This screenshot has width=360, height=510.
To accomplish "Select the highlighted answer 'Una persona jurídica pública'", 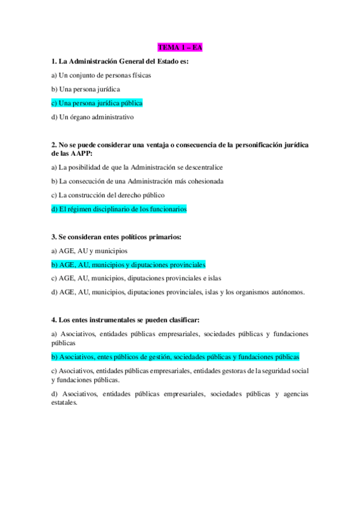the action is pos(97,103).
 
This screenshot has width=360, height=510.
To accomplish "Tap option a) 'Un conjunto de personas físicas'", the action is pos(101,75).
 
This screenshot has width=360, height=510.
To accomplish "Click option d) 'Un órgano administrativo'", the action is pos(93,117).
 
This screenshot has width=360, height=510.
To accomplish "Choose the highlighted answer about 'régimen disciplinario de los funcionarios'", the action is pos(119,209).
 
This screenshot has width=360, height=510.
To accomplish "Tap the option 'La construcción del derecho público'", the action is pos(108,195).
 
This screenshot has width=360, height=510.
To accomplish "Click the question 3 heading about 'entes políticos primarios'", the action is pos(117,238).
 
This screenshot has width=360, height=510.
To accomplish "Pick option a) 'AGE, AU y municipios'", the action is pos(89,251).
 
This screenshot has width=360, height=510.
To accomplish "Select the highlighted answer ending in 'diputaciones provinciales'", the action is pos(129,265).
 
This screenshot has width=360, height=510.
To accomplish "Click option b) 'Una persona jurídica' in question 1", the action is pos(85,89).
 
